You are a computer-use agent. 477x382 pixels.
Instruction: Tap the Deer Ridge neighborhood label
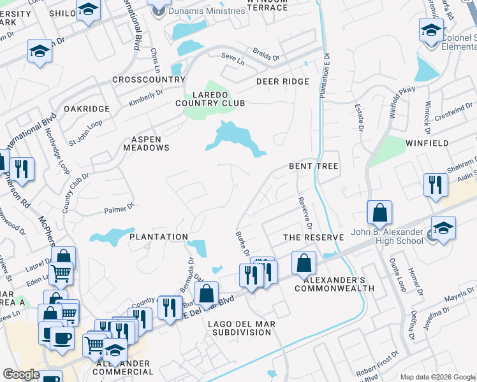coord(283,81)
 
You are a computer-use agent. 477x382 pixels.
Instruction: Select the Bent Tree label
coord(313,166)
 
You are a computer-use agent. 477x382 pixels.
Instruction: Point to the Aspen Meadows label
coord(150,143)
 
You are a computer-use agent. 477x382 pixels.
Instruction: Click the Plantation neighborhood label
coord(158,237)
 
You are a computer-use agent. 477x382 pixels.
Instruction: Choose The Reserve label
coord(313,237)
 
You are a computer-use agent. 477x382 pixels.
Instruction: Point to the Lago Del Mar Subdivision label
coord(242,328)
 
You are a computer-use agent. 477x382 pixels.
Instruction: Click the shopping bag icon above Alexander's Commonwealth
coord(304,262)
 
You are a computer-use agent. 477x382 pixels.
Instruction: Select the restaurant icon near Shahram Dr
coord(435,185)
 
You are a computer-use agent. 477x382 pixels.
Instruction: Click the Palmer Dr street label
coord(117,207)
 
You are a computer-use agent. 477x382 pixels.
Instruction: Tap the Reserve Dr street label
coord(305,213)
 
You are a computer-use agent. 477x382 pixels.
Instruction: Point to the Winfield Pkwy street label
coord(402,101)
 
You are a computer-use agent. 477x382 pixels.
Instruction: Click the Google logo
coord(22,374)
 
